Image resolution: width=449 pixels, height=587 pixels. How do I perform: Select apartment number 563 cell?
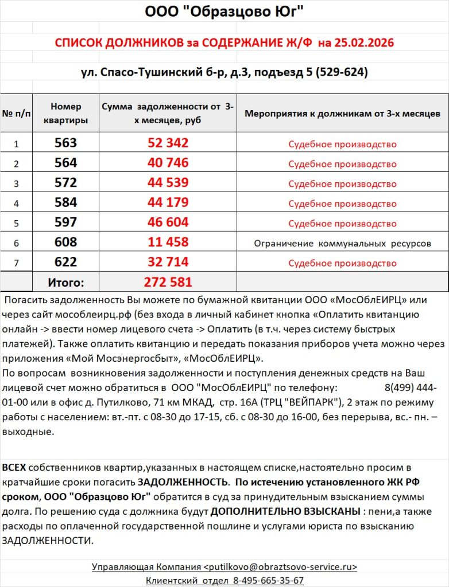(65, 143)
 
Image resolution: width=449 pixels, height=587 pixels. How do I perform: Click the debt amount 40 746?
(168, 163)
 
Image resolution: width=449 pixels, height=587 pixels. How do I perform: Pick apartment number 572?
(65, 183)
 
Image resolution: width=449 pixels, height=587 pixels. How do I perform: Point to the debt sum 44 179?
(168, 203)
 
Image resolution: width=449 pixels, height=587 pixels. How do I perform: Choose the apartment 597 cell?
(65, 223)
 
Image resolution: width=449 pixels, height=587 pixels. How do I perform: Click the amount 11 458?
(168, 242)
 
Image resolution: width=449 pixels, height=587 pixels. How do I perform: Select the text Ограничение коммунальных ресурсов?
(342, 244)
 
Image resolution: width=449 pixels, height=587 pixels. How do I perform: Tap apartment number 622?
(65, 263)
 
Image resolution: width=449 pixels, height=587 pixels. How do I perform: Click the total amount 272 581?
(168, 283)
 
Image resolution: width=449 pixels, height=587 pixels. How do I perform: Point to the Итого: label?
(65, 283)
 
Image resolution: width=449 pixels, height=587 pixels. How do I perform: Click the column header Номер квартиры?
(65, 114)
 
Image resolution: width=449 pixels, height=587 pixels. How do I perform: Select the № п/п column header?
(17, 114)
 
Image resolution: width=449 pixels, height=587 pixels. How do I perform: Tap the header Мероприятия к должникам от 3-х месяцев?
(342, 114)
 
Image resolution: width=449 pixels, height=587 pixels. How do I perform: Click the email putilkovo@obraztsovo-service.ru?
(281, 567)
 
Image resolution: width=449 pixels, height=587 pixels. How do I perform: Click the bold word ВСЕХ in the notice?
(14, 468)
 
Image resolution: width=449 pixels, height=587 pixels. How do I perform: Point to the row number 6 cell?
(17, 243)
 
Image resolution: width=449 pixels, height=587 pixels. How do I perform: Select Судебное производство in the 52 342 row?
(342, 144)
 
